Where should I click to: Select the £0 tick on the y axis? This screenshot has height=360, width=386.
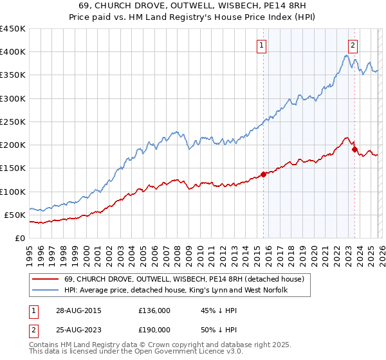tap(21, 238)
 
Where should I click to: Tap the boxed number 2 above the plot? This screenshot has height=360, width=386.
tap(353, 45)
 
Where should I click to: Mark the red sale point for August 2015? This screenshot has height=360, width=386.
tap(264, 174)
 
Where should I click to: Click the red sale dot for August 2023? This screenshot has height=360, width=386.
tap(354, 149)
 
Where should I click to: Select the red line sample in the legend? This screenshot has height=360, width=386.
tap(45, 279)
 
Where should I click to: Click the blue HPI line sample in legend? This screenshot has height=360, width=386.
tap(45, 291)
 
